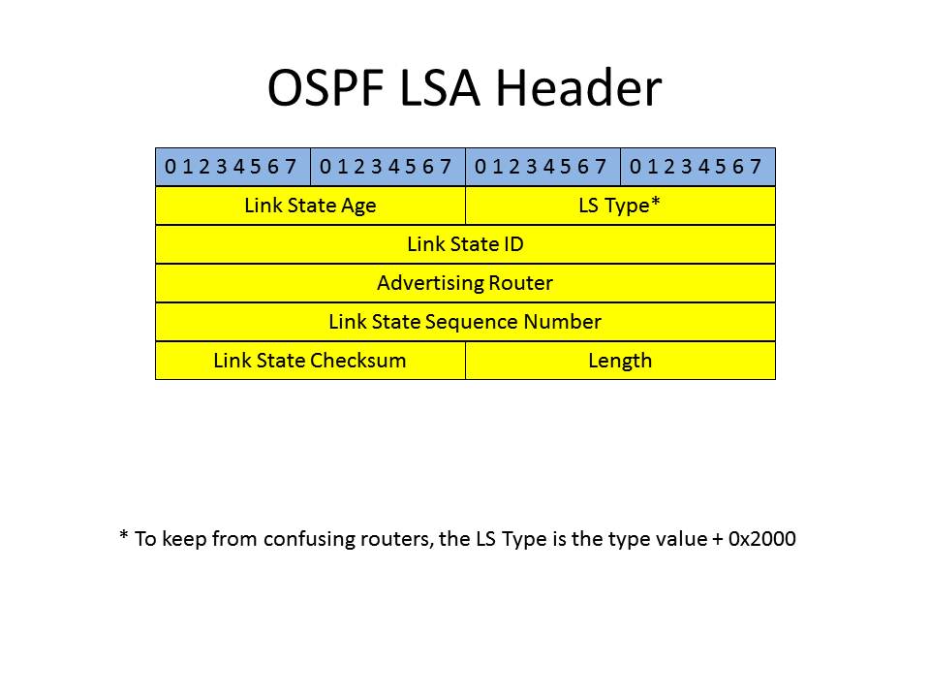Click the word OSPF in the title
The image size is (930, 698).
click(325, 88)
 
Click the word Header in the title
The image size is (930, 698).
click(578, 87)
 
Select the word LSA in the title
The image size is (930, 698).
click(440, 88)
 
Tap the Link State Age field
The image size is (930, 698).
click(310, 206)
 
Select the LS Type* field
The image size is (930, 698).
click(620, 206)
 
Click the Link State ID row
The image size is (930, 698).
click(466, 244)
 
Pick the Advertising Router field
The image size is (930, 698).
click(466, 283)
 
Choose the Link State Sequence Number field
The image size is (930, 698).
click(466, 322)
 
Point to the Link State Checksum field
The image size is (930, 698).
click(310, 361)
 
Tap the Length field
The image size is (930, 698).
click(620, 361)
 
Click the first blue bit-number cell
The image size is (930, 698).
click(232, 167)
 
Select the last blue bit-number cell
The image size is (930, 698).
click(698, 167)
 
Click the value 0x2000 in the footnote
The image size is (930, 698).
click(762, 538)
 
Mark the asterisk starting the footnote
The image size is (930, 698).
click(123, 535)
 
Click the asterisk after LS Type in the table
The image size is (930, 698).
click(656, 201)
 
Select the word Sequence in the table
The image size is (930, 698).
click(472, 322)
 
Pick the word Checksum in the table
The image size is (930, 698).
click(358, 361)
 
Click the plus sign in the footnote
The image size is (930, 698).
click(718, 540)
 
